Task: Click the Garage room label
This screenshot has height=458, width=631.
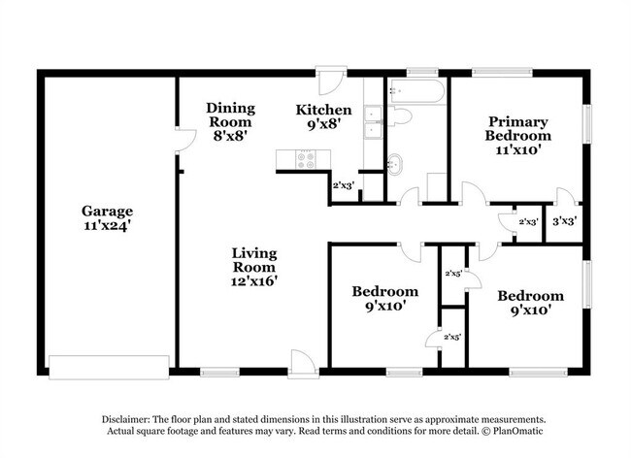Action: pos(107,212)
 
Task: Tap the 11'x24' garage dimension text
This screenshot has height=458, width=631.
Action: pos(107,225)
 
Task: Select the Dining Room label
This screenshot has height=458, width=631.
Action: pos(231,115)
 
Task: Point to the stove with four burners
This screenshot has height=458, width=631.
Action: pos(306,160)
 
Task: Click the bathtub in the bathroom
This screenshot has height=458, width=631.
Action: pos(416,91)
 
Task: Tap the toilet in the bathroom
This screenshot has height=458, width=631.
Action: pos(399,116)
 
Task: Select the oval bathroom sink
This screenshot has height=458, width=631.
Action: pos(394,164)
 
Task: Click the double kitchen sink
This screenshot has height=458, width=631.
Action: pos(373,122)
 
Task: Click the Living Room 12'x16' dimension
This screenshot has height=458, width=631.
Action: pos(254,280)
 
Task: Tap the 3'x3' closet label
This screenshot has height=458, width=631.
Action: pos(565,221)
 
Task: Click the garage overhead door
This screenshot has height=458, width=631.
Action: pos(109,367)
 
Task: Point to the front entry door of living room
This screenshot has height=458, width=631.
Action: pos(304,364)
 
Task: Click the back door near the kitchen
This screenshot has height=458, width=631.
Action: pos(331,80)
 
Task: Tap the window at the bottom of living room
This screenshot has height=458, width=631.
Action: pos(219,373)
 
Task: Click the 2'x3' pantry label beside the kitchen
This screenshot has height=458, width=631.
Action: pos(344,185)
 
